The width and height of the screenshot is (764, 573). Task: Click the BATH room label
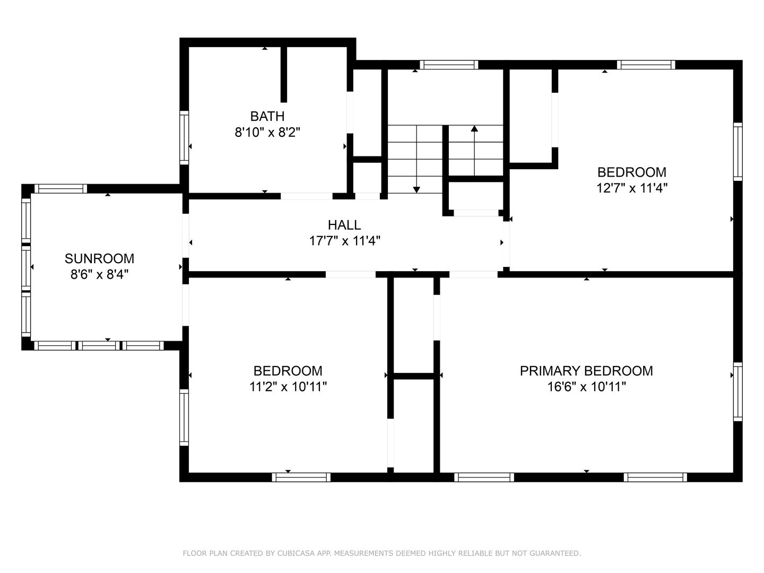click(x=267, y=116)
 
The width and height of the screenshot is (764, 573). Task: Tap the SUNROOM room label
click(x=99, y=258)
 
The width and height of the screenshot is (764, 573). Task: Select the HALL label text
click(x=344, y=225)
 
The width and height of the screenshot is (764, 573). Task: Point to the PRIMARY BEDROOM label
click(x=586, y=371)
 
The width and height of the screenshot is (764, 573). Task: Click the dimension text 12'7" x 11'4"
click(x=632, y=188)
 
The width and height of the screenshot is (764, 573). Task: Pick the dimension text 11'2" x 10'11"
click(x=288, y=387)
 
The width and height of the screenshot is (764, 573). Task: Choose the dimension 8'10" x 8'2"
click(x=267, y=132)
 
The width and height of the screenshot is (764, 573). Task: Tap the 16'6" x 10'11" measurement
click(x=586, y=387)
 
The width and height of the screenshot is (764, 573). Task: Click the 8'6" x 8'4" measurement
click(x=99, y=275)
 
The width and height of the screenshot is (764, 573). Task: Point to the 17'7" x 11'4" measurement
click(x=344, y=241)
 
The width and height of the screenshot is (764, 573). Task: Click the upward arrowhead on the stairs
click(x=474, y=128)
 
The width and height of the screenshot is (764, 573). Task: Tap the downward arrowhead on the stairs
click(x=416, y=190)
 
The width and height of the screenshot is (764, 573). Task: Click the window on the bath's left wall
click(x=184, y=137)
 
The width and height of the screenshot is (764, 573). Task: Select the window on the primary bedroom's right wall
click(x=737, y=392)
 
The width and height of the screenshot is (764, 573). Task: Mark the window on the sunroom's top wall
click(x=60, y=188)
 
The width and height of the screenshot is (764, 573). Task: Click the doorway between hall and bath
click(x=307, y=196)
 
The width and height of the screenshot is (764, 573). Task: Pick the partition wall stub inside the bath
click(x=284, y=74)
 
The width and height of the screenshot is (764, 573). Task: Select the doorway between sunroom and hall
click(x=186, y=236)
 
